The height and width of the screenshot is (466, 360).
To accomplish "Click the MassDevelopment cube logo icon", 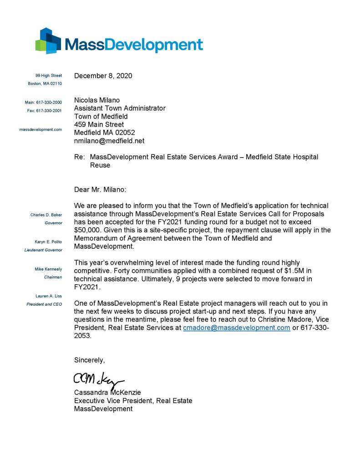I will tap(48, 41).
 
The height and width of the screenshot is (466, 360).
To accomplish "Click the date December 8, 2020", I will tap(103, 76).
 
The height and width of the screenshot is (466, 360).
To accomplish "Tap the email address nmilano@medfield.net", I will tap(109, 141).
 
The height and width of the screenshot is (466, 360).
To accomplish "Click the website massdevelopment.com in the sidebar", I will tap(41, 129).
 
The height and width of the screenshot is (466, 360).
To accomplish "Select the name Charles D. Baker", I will tap(46, 215).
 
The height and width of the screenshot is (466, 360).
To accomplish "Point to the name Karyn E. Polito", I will tap(48, 241).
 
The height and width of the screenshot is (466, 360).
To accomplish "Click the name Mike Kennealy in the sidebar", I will tap(48, 269).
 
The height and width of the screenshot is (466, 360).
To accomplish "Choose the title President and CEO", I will tap(44, 304).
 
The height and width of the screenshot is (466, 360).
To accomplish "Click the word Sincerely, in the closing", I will tap(90, 360).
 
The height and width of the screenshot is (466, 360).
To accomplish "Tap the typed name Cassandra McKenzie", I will tap(107, 392).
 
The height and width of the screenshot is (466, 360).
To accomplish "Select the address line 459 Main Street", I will tap(99, 124).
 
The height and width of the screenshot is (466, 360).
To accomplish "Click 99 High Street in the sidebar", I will tap(49, 75).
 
